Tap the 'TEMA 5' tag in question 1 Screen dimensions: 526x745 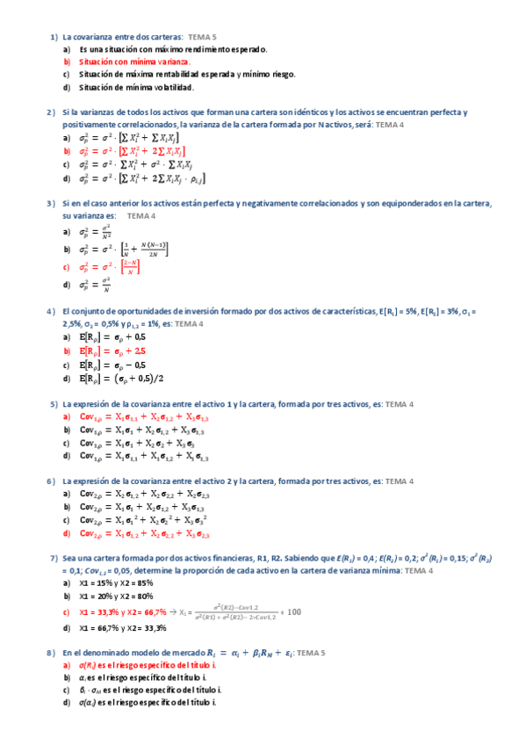(202, 38)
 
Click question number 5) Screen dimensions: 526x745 (54, 404)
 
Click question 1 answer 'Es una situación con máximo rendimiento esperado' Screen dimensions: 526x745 (173, 50)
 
